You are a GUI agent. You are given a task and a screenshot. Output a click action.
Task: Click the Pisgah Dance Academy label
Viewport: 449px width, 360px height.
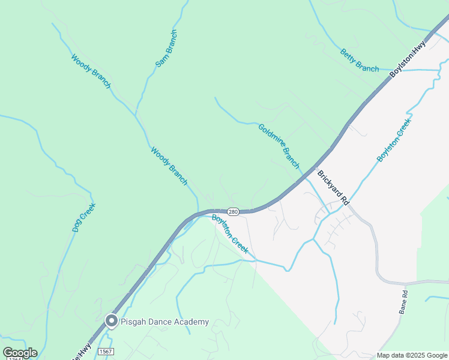(x=165, y=322)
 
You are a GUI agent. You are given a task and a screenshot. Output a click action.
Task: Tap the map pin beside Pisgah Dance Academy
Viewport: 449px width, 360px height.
(x=111, y=322)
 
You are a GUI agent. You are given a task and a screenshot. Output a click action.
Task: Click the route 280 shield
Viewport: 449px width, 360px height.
(x=234, y=211)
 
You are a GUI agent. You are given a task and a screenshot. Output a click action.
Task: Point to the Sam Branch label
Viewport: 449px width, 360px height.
(x=166, y=49)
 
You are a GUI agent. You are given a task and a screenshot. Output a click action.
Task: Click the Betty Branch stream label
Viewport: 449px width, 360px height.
(x=360, y=61)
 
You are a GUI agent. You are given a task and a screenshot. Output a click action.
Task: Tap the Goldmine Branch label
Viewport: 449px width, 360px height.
(x=279, y=145)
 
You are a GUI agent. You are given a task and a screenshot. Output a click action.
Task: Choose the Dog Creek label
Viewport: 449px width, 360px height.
(x=84, y=217)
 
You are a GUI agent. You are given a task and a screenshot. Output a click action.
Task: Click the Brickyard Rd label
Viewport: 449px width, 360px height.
(x=333, y=188)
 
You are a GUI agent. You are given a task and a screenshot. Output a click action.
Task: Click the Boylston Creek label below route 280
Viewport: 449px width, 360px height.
(x=230, y=233)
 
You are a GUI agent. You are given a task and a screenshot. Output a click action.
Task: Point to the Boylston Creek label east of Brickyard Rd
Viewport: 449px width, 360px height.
(x=394, y=140)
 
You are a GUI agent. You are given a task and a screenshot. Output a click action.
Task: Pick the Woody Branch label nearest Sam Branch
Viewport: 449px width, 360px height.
(x=91, y=72)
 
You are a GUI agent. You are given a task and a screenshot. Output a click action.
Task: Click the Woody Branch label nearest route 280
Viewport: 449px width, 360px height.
(x=169, y=166)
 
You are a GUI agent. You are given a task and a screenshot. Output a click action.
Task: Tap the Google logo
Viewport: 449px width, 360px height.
(x=20, y=353)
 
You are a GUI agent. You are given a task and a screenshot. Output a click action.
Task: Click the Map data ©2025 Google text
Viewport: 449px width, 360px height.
(x=412, y=355)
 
